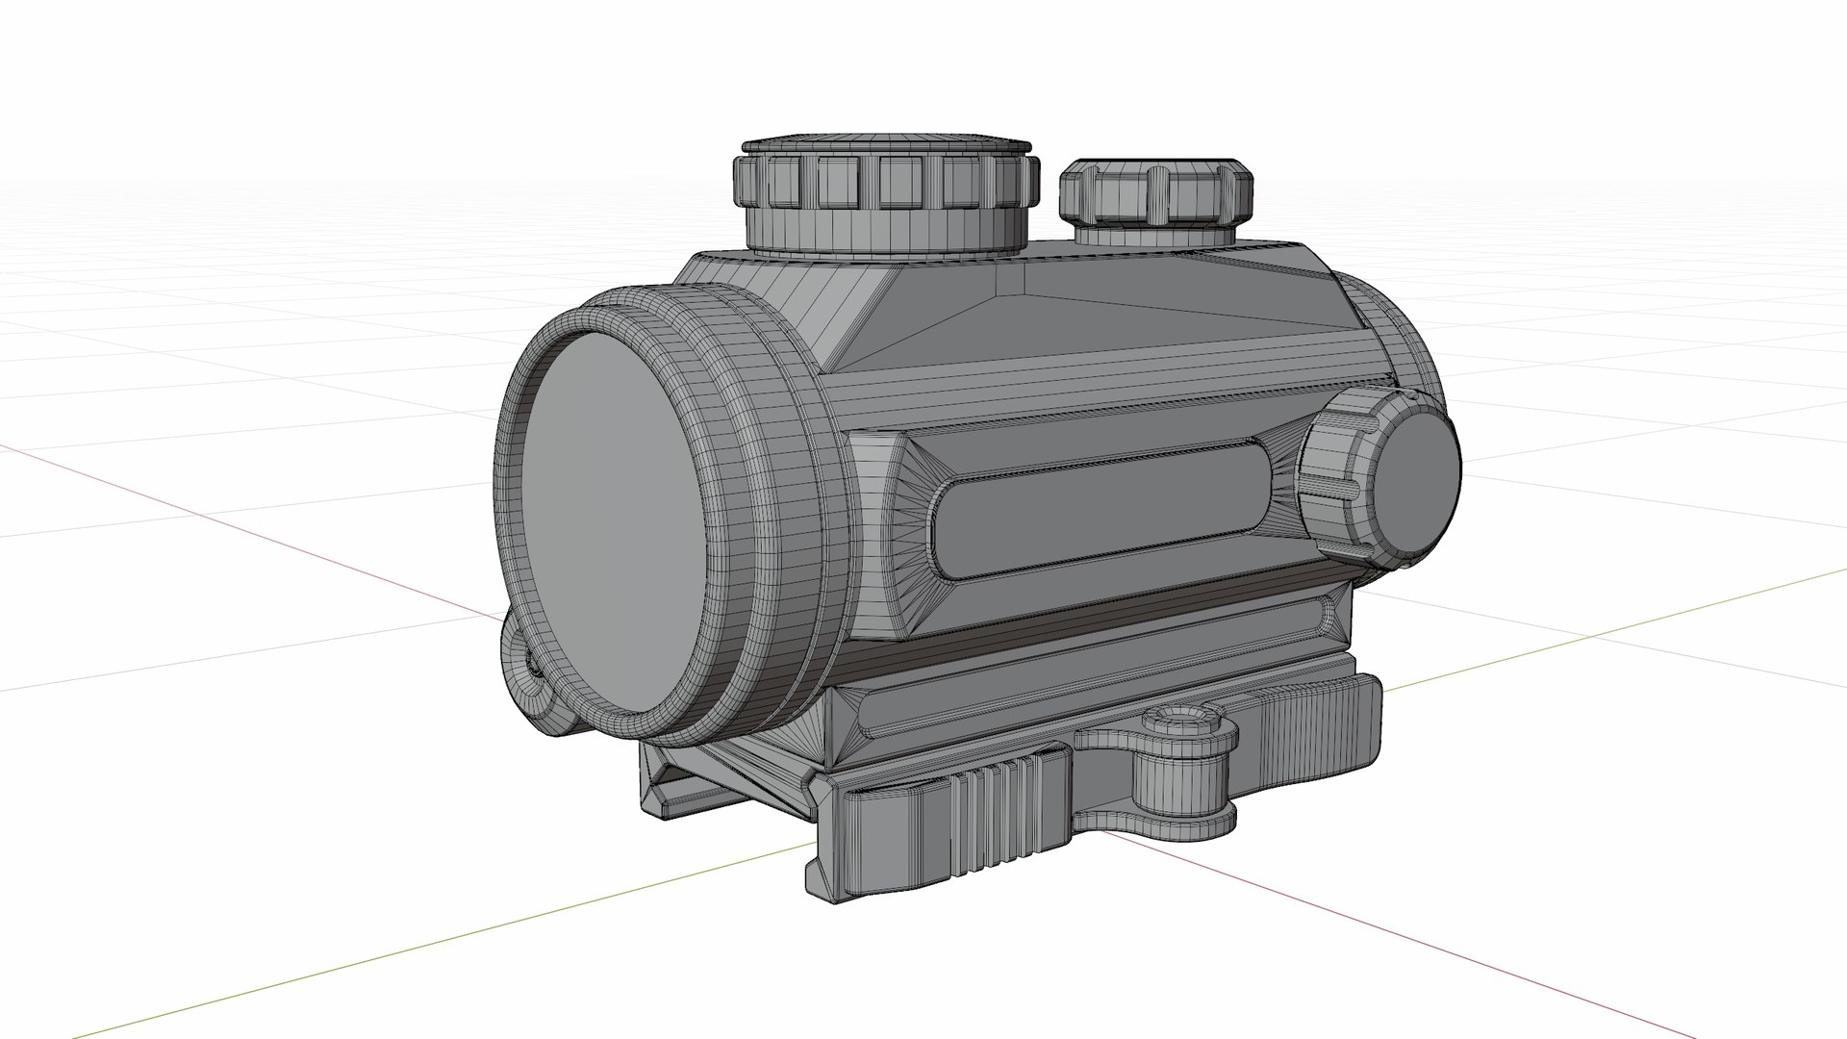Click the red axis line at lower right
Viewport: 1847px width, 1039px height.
(x=1443, y=924)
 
